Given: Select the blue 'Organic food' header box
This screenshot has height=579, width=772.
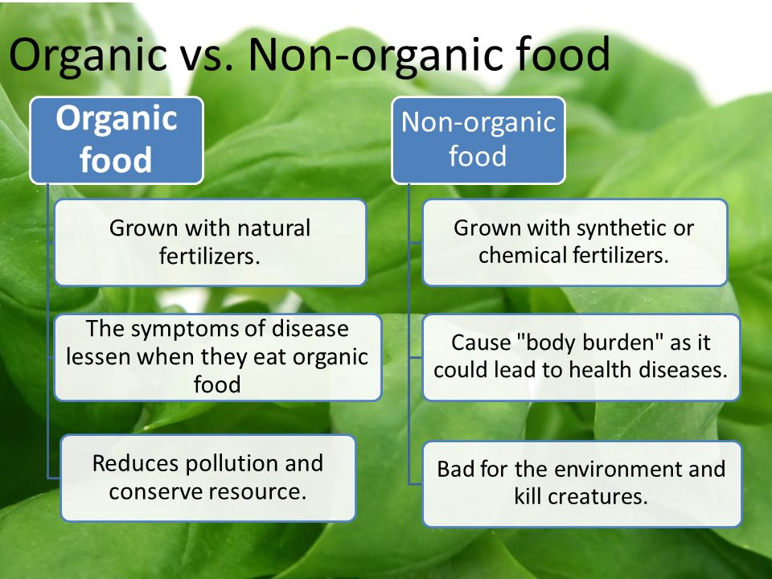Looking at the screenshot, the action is (x=117, y=140).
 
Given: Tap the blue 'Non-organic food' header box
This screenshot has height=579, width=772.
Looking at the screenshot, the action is (x=478, y=140).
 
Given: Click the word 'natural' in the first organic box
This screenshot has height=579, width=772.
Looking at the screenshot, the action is (x=273, y=228).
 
